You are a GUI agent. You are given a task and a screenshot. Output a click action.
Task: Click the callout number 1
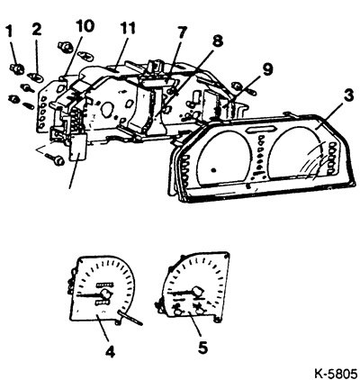click(x=10, y=32)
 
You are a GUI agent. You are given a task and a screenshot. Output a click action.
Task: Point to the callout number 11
click(x=129, y=28)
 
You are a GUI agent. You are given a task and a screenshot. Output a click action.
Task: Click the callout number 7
click(x=182, y=32)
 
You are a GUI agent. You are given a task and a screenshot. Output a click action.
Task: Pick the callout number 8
click(x=218, y=41)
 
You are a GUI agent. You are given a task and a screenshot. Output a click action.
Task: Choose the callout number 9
click(x=267, y=69)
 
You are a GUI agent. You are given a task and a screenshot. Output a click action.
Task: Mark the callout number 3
click(x=347, y=95)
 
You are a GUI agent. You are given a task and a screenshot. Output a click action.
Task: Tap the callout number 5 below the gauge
click(x=202, y=348)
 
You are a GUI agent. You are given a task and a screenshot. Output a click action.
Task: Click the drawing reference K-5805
click(x=336, y=374)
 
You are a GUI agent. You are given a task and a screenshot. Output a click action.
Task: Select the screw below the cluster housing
click(x=55, y=158)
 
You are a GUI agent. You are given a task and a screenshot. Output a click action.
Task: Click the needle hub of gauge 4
click(x=106, y=293)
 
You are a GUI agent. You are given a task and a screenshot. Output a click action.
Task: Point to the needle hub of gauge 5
click(x=197, y=291)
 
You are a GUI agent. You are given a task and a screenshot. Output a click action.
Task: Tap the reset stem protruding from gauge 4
click(x=130, y=318)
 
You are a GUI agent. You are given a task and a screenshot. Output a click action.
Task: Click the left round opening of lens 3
click(x=223, y=157)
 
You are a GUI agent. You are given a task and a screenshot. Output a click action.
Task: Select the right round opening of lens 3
click(x=295, y=152)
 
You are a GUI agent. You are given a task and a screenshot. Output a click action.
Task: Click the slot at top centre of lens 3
click(x=261, y=129)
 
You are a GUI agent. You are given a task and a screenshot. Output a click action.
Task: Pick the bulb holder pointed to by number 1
click(x=17, y=69)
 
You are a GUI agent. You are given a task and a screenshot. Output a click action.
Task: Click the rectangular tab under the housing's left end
click(x=77, y=147)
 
